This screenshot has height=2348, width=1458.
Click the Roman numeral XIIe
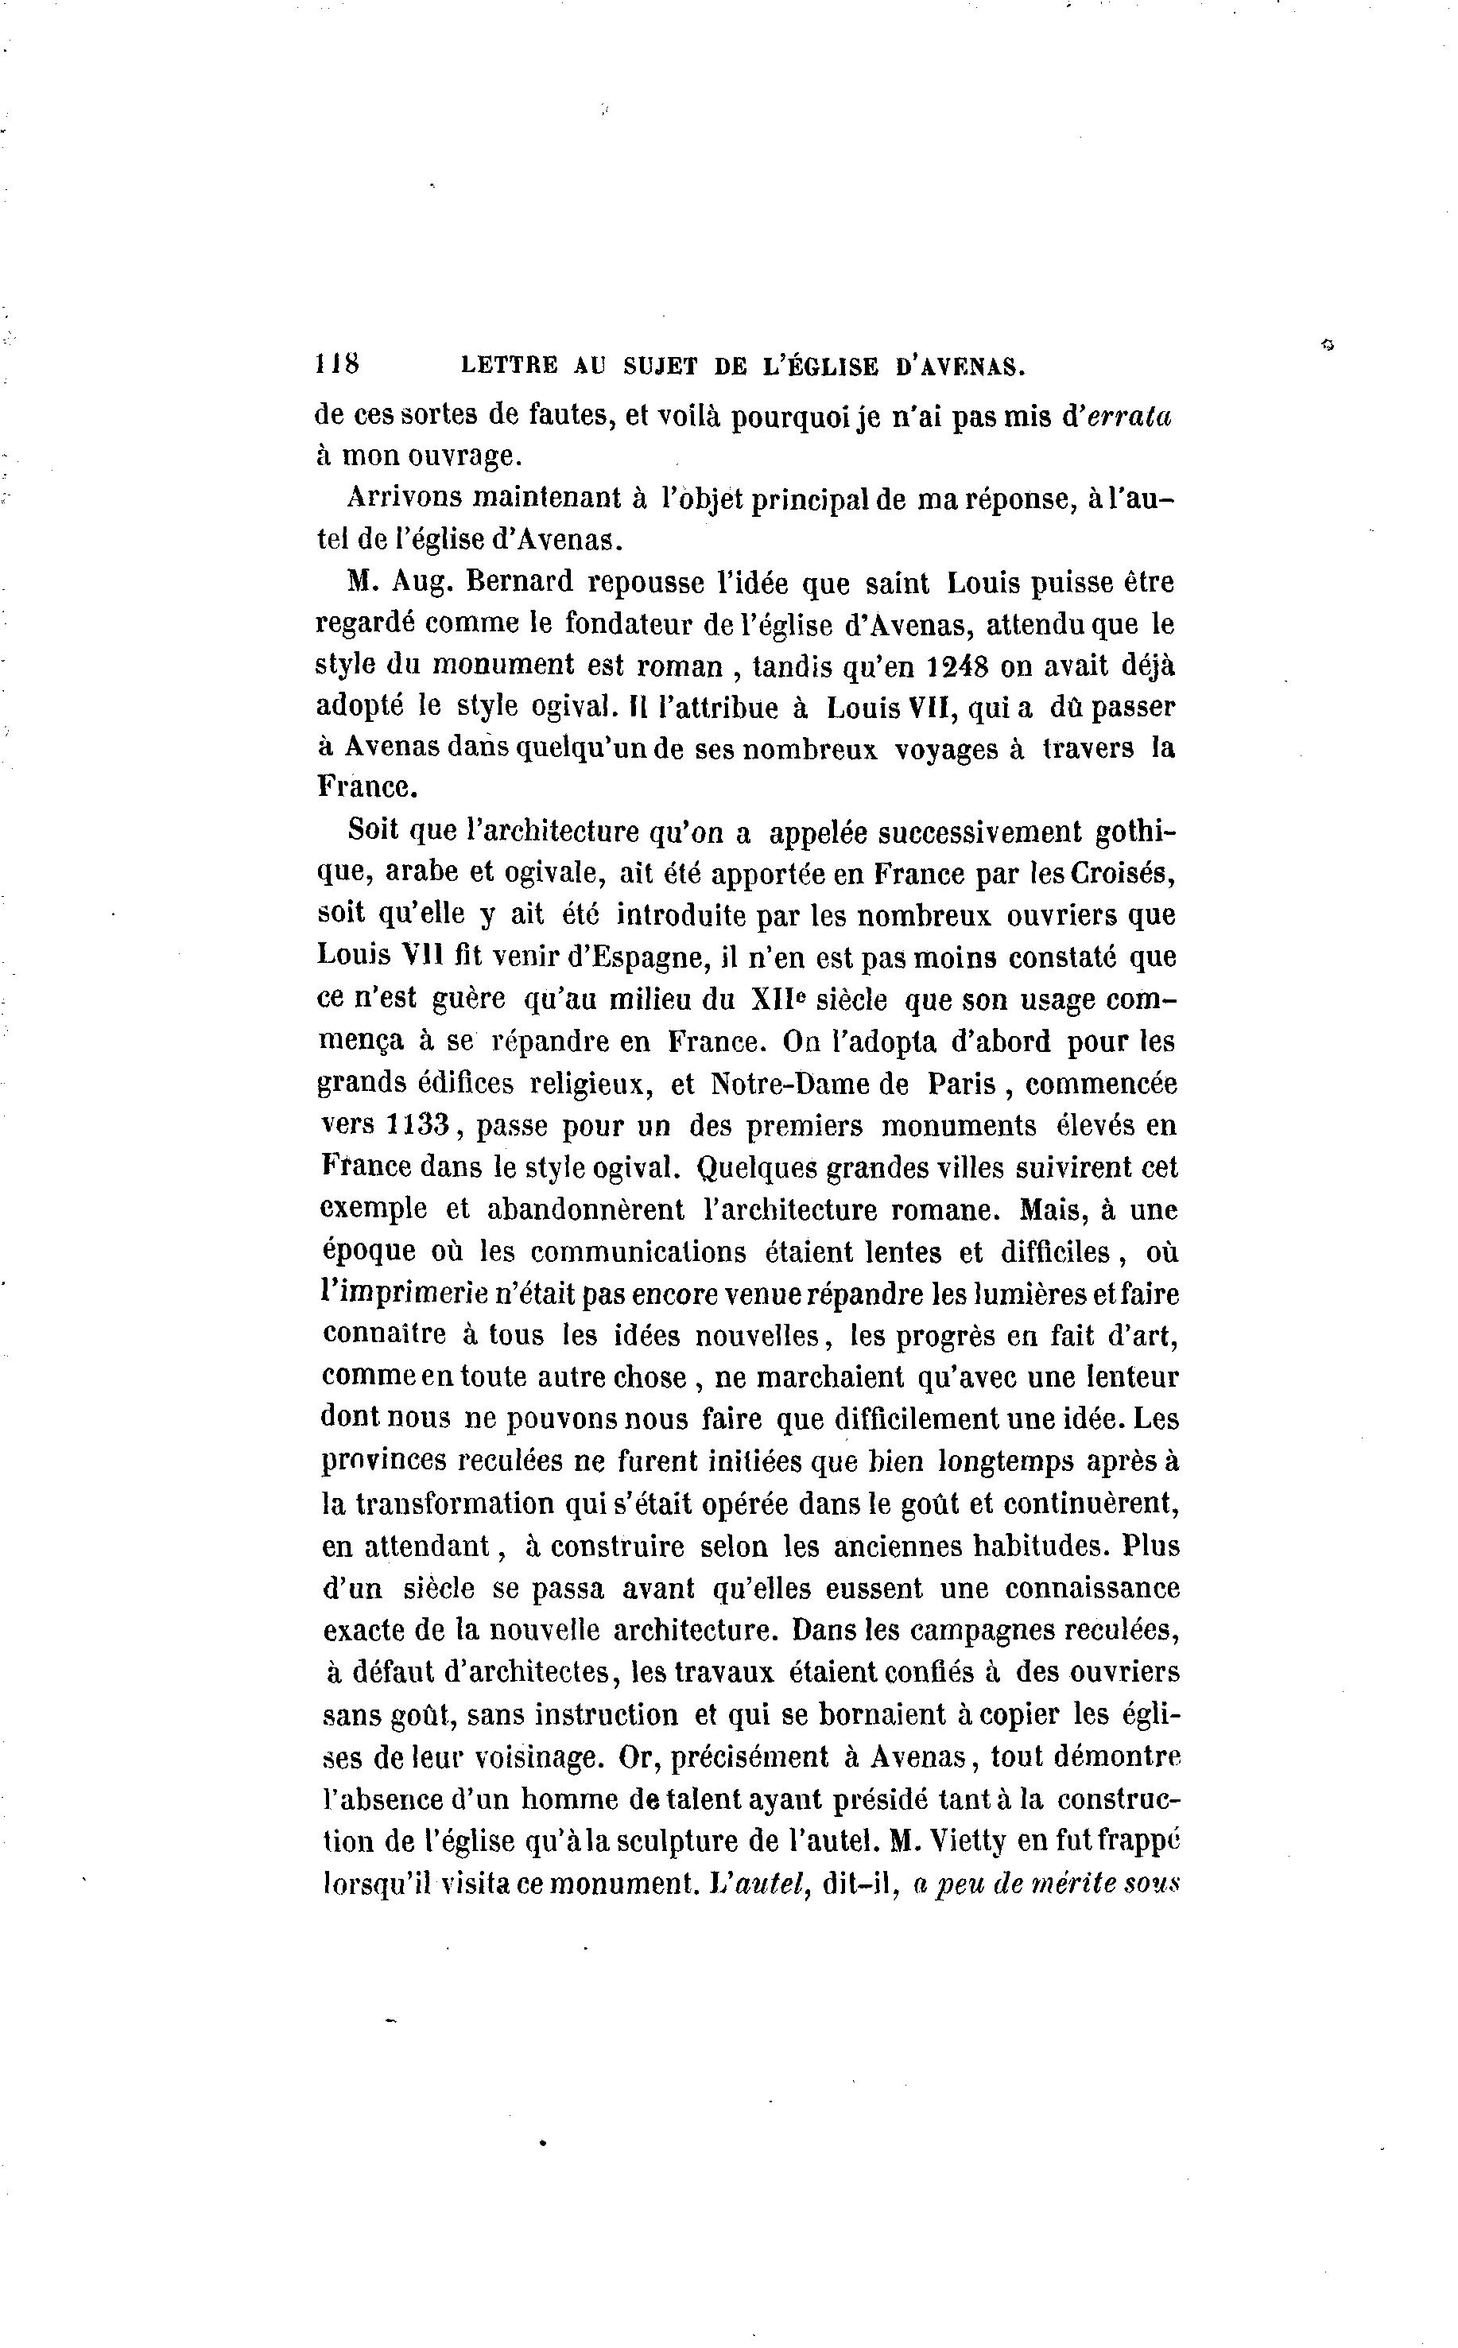coord(777,999)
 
